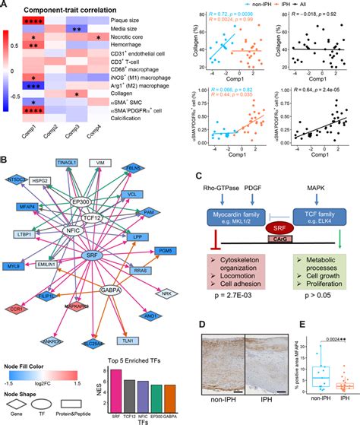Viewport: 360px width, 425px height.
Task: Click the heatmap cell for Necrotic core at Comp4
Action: click(x=99, y=36)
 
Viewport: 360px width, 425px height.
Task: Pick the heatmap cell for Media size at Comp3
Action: click(x=77, y=28)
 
